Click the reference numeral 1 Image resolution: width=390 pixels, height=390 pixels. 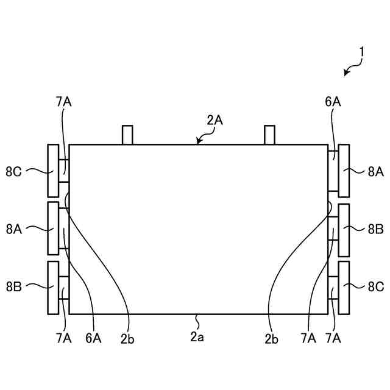362,52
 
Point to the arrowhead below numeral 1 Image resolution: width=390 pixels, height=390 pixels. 346,73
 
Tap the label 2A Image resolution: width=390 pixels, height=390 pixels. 214,121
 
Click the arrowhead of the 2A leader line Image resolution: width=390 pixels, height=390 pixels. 198,141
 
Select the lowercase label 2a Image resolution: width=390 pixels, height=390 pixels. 197,337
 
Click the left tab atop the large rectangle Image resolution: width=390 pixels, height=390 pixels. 127,135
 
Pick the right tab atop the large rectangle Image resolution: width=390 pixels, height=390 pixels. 269,135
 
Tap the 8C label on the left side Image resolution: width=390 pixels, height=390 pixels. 13,172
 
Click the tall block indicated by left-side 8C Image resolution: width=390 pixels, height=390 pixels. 53,171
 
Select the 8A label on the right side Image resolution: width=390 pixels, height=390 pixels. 376,172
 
